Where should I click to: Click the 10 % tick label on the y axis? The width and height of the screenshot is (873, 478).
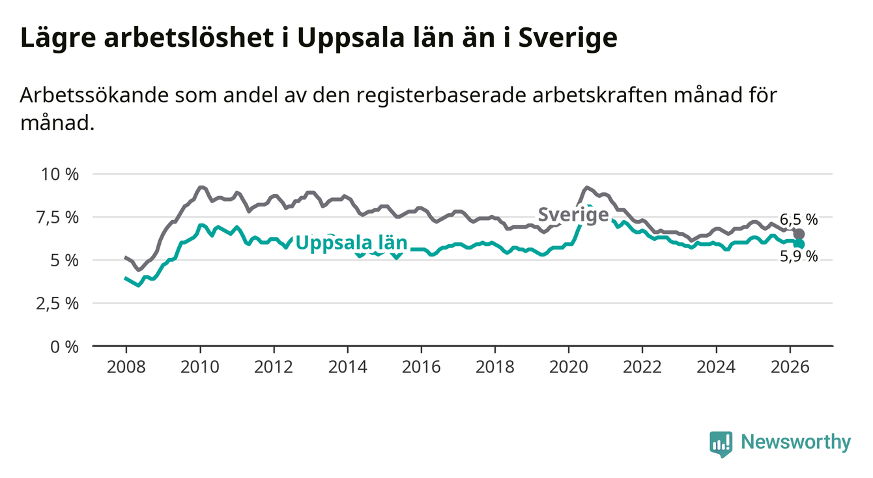pos(60,174)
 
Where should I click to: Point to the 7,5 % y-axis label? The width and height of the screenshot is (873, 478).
pos(58,218)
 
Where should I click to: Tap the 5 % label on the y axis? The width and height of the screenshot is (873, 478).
pos(64,260)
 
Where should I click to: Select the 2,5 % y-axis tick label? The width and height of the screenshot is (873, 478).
pos(58,303)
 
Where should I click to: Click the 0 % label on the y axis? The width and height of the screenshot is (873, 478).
pos(64,346)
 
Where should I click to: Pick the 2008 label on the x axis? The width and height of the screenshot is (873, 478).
pos(126,367)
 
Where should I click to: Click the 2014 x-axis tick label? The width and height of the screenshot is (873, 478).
pos(347,367)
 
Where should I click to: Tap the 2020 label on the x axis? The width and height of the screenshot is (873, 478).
pos(569,367)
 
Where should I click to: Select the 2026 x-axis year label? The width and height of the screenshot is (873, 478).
pos(790,367)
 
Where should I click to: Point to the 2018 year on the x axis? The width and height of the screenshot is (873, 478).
pos(495,367)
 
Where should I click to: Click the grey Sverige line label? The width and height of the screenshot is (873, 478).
pos(573,215)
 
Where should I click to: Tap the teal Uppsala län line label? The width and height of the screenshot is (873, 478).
pos(351,243)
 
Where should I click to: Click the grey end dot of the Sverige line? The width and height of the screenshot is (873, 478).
pos(799,234)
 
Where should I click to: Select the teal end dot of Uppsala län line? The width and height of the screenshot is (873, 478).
pos(799,244)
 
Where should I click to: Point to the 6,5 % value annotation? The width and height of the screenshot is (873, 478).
pos(799,219)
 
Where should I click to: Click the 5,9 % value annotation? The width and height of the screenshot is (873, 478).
pos(799,257)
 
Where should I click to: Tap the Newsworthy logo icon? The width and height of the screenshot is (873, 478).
pos(721,444)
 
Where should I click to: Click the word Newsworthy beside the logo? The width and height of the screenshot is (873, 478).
pos(796,443)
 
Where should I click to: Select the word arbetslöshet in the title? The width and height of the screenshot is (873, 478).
pos(189,38)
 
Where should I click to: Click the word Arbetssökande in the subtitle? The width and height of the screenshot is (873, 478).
pos(94,96)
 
